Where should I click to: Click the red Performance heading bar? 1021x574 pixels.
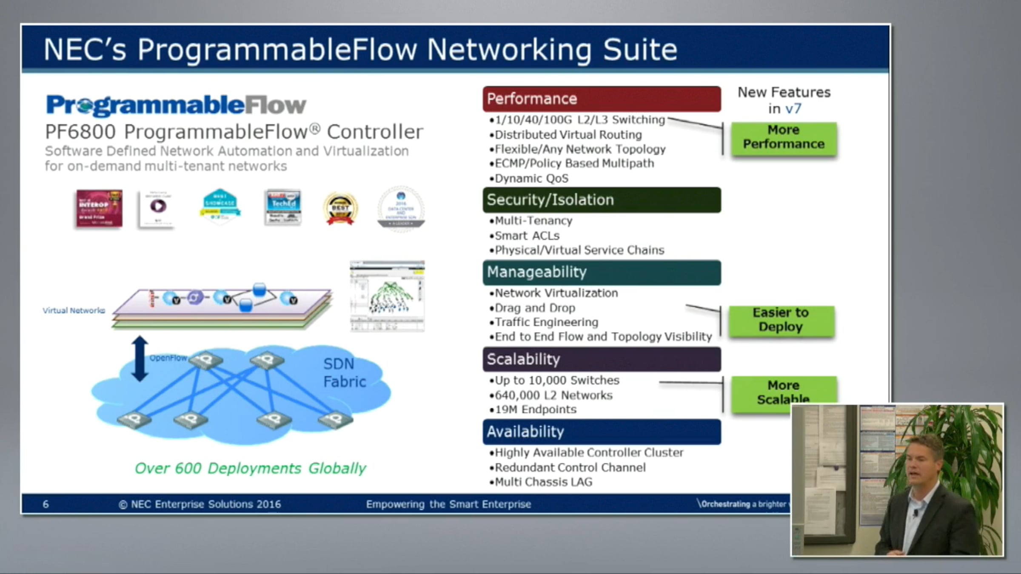(x=602, y=99)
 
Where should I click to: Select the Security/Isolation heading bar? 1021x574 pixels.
(x=602, y=200)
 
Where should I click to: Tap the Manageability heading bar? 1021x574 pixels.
(x=602, y=272)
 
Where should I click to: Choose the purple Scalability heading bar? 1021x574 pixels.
(x=602, y=359)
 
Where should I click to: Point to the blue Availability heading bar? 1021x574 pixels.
(x=602, y=432)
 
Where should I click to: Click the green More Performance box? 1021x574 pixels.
(x=784, y=137)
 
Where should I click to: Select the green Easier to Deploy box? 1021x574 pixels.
(x=781, y=320)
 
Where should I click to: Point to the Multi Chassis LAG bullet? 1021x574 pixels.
(x=543, y=482)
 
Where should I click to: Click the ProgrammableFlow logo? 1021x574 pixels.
(x=176, y=105)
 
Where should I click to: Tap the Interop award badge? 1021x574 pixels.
(x=99, y=208)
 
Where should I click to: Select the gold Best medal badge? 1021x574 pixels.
(x=340, y=209)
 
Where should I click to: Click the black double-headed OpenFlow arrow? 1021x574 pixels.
(x=140, y=358)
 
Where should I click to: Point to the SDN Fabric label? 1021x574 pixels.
(x=344, y=372)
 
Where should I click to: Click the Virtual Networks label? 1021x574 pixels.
(x=74, y=310)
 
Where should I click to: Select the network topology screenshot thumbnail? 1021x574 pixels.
(x=387, y=296)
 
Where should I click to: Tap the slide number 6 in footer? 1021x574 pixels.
(x=46, y=504)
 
